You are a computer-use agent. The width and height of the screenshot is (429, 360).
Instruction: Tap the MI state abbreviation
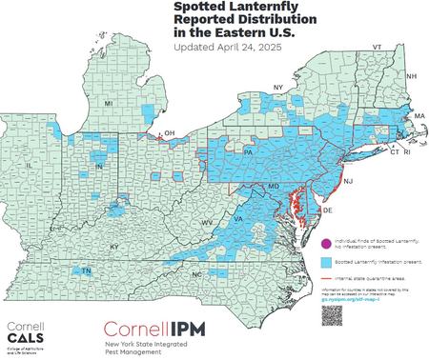tap(109, 102)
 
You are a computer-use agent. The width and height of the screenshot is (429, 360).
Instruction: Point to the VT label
tap(377, 47)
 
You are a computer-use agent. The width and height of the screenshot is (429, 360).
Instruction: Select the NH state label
tap(411, 75)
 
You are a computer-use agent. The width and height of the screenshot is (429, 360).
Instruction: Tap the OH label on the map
tap(170, 133)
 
